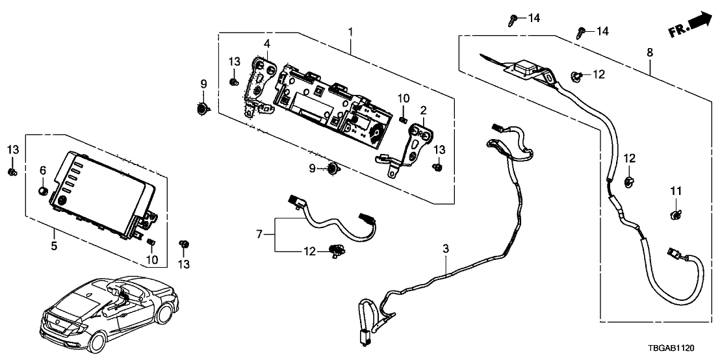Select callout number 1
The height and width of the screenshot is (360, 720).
[351, 31]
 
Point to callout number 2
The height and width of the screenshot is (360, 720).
[422, 110]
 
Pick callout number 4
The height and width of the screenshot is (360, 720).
[266, 44]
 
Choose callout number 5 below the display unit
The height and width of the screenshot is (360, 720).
[54, 246]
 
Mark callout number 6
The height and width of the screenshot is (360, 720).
[43, 170]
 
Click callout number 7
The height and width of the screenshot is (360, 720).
[261, 233]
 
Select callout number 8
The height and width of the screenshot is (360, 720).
[650, 52]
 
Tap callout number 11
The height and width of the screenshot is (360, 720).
[676, 191]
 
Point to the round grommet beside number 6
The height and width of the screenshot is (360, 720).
[44, 191]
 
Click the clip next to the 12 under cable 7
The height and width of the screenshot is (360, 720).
[337, 248]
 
